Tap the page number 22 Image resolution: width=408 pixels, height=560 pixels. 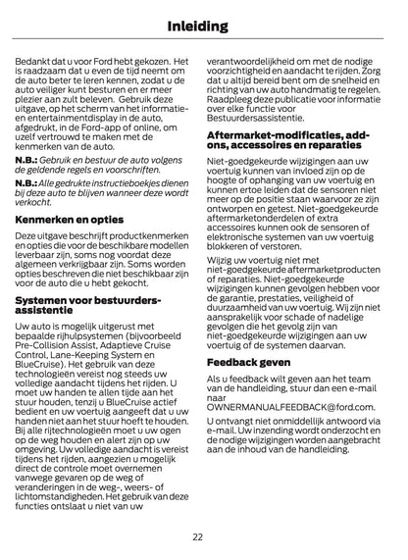coord(197,536)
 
